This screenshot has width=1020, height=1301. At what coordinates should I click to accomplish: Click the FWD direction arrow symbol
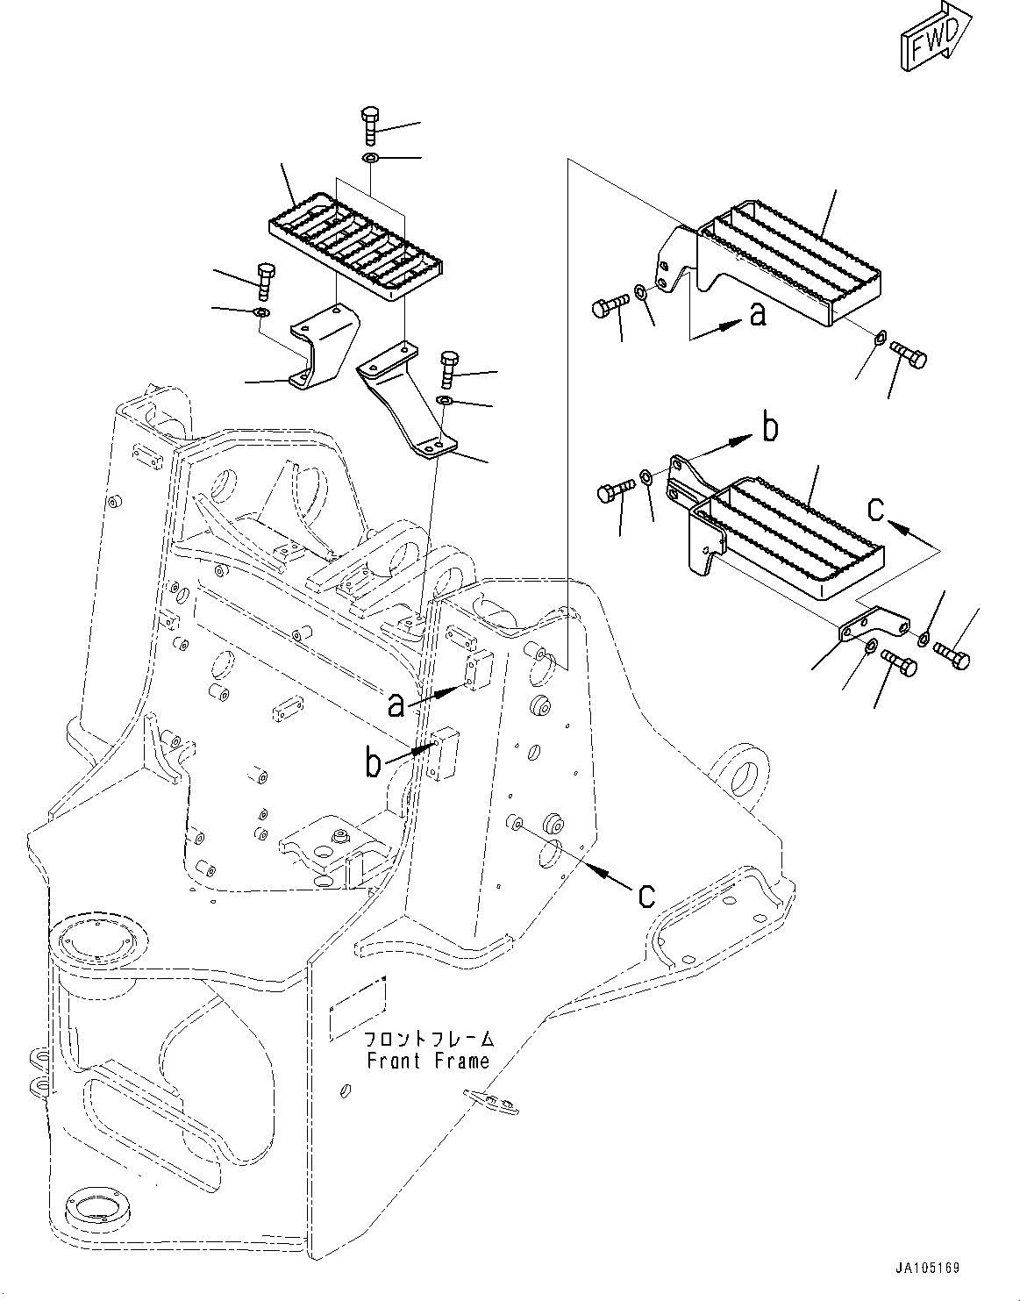point(934,38)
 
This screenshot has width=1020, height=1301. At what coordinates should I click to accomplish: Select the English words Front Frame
point(428,1061)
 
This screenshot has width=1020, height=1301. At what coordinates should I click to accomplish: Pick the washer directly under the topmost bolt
point(369,159)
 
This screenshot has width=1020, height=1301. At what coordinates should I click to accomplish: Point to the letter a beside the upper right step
point(758,314)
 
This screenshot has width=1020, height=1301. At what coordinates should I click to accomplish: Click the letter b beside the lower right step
point(769,428)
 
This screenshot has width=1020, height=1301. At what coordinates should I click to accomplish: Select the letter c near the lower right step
point(875,509)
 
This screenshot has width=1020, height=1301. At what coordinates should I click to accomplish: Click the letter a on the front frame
point(397,703)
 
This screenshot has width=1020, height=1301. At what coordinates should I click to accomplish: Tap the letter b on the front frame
point(374,762)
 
